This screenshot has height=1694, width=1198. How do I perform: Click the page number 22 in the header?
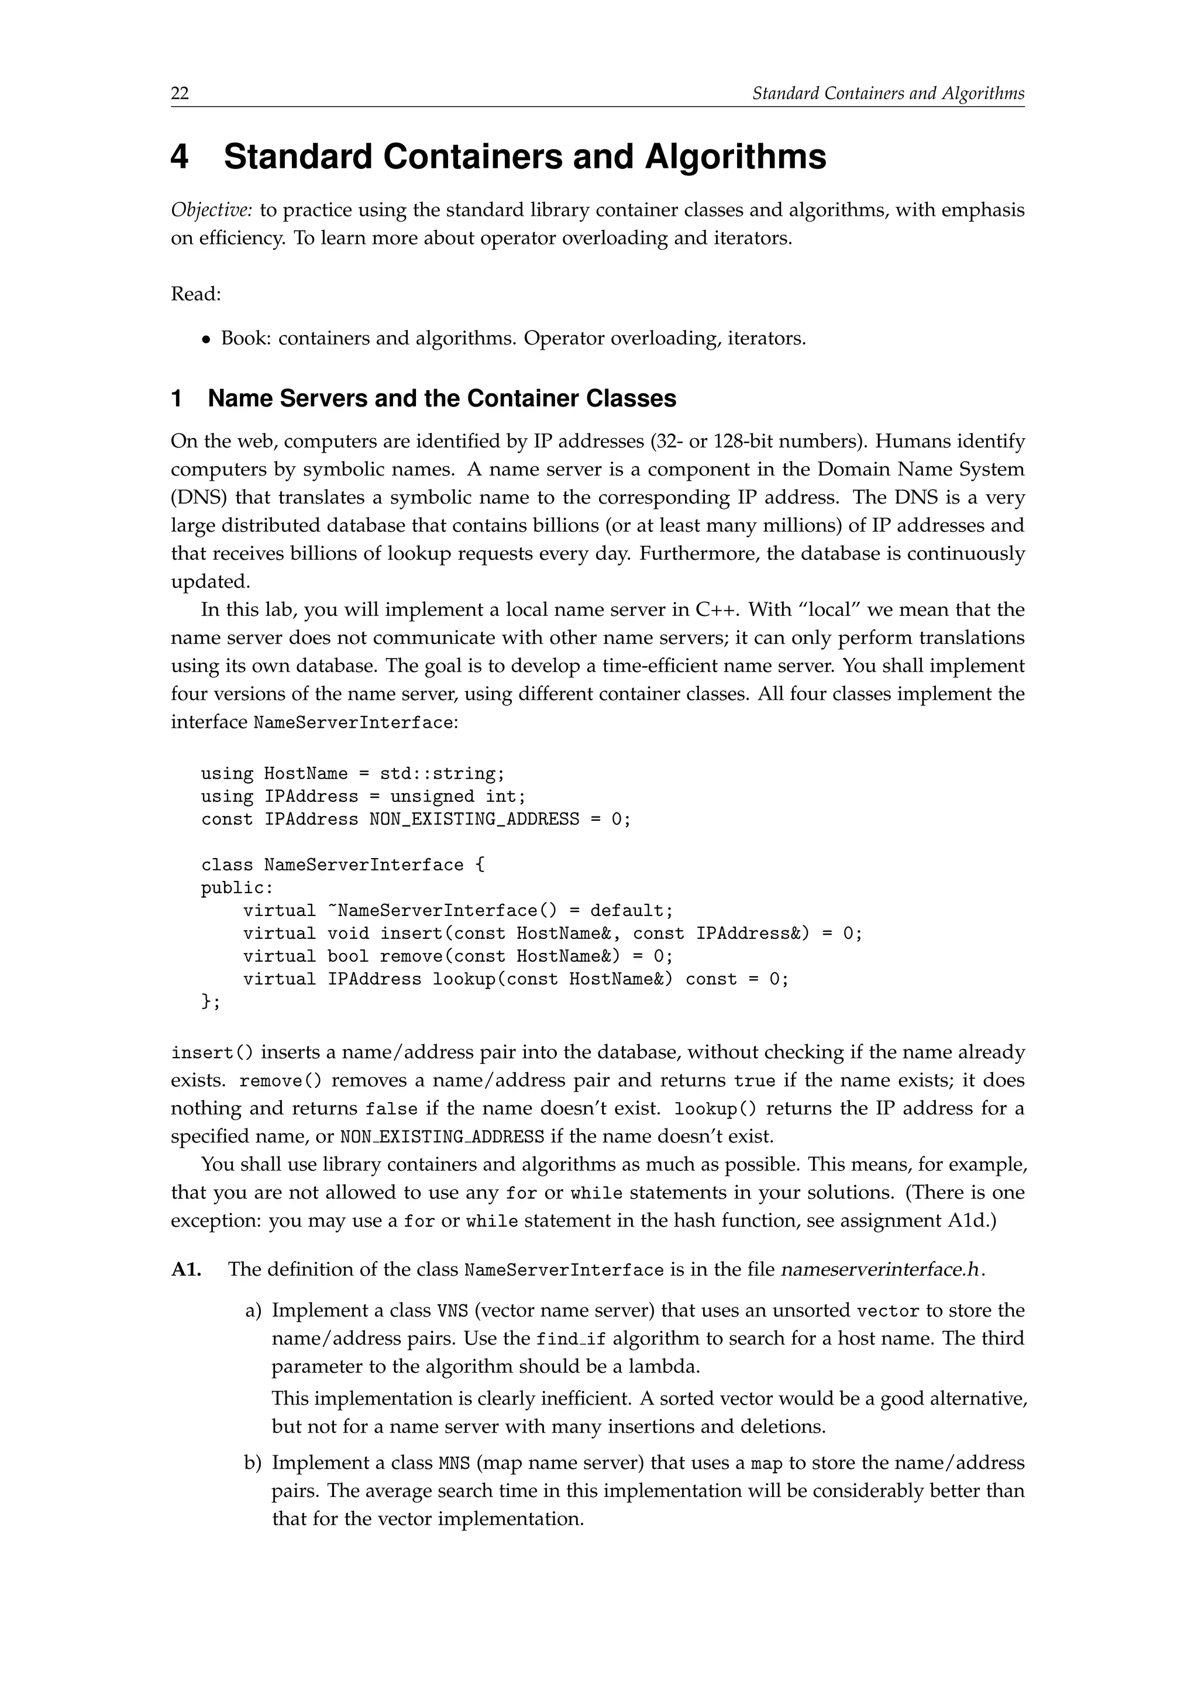tap(180, 94)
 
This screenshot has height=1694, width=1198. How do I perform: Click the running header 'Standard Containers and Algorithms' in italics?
tap(887, 94)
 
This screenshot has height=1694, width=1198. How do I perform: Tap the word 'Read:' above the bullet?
tap(195, 294)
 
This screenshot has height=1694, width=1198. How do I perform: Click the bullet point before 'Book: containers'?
tap(206, 340)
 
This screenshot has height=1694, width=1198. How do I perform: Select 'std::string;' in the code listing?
tap(442, 774)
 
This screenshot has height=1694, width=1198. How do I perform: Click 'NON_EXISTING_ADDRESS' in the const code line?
tap(474, 820)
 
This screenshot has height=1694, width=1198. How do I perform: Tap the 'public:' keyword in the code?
tap(237, 889)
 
